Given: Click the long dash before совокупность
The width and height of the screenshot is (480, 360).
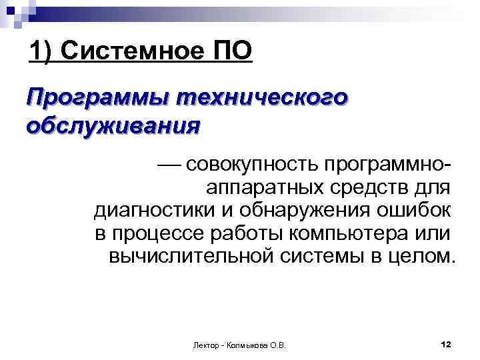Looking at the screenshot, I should click(169, 163).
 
